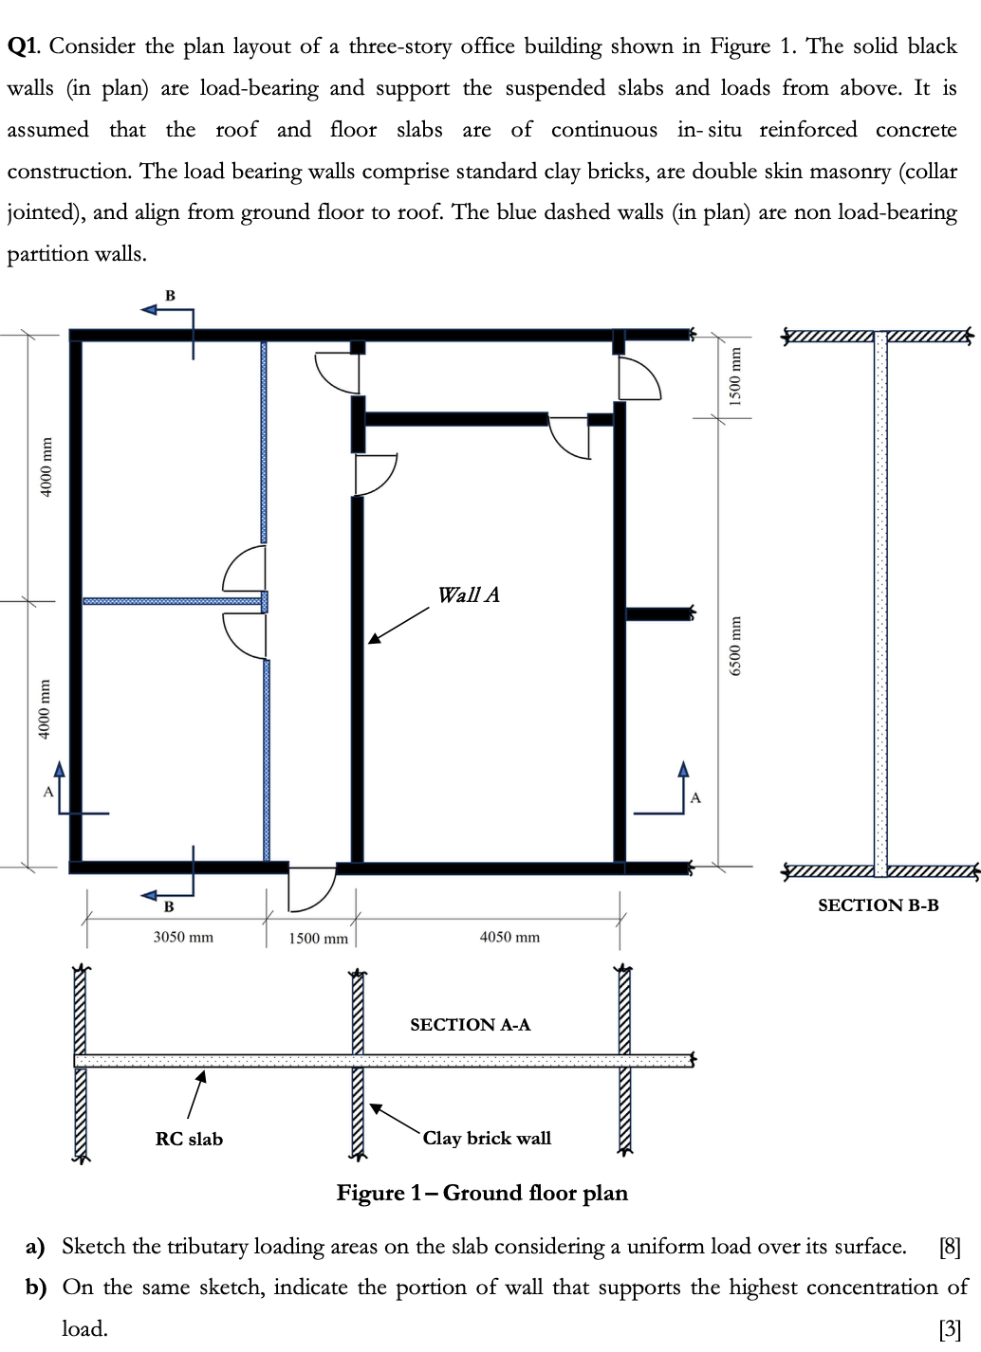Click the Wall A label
(468, 595)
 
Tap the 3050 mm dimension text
(183, 937)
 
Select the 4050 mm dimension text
(509, 937)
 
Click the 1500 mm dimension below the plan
(318, 938)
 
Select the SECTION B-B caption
(878, 905)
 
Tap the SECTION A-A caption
(470, 1025)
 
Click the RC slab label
(189, 1139)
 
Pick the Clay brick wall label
(487, 1138)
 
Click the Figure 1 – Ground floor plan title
(482, 1193)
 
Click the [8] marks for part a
(949, 1247)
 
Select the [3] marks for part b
(949, 1329)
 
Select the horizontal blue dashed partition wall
(171, 601)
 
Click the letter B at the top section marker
(171, 296)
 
